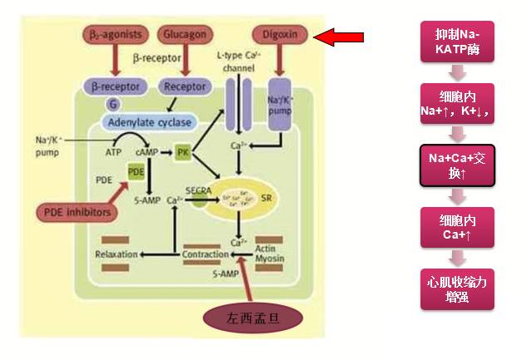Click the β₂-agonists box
coord(116,35)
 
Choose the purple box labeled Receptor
coord(184,86)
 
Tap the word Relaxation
coord(116,253)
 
